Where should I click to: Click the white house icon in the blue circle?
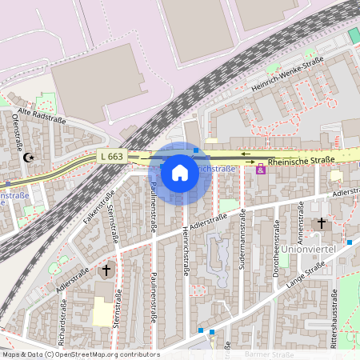[x=180, y=172]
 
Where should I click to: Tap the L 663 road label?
[x=111, y=156]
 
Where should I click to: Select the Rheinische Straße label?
[x=301, y=161]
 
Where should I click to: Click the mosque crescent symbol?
[x=30, y=158]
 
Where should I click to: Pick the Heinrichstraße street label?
[x=187, y=243]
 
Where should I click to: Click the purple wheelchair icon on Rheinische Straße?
[x=260, y=169]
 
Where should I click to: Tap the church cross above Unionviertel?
[x=322, y=223]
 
